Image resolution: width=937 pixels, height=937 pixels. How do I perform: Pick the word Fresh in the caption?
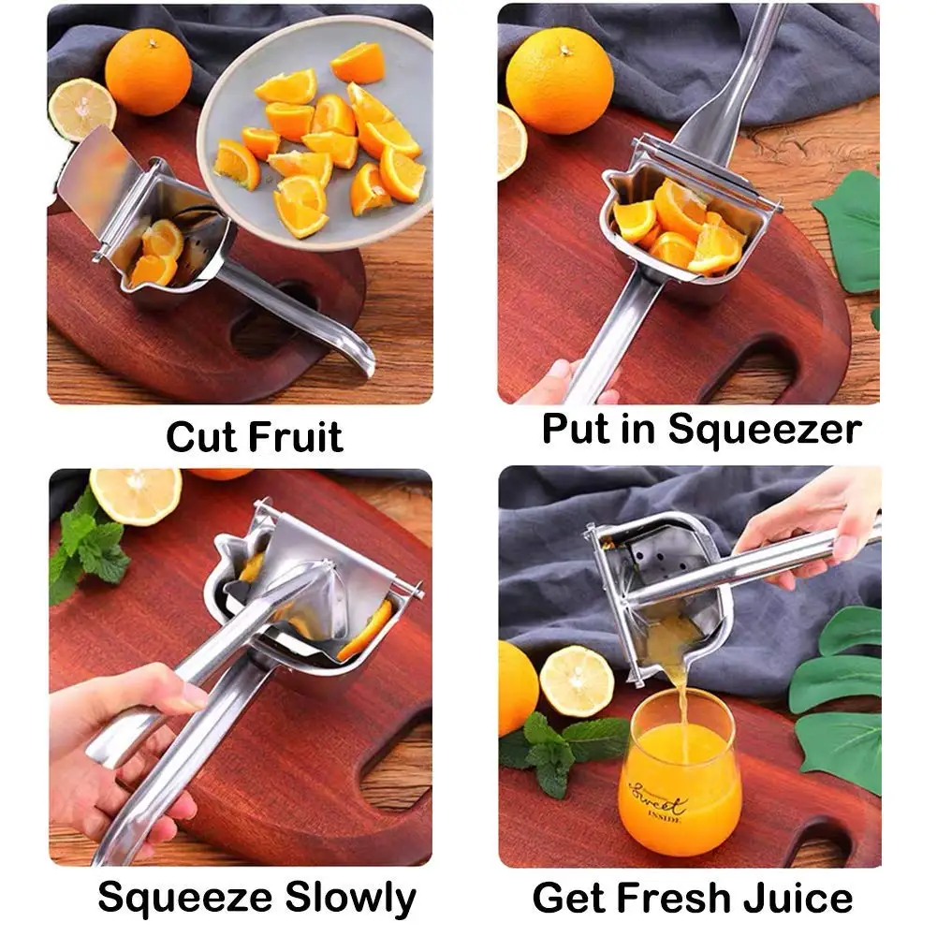coord(671,898)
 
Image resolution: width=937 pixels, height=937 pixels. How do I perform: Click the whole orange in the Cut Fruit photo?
coord(148,71)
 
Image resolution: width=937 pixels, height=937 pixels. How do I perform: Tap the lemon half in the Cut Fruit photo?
coord(81,110)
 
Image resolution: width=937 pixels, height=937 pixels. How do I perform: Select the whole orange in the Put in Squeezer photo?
coord(560,80)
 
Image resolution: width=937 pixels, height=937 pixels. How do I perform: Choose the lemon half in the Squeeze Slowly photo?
coord(136,496)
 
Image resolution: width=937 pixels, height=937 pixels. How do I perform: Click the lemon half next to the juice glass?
coord(577,681)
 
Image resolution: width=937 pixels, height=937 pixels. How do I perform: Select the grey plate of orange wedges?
coord(318,131)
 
